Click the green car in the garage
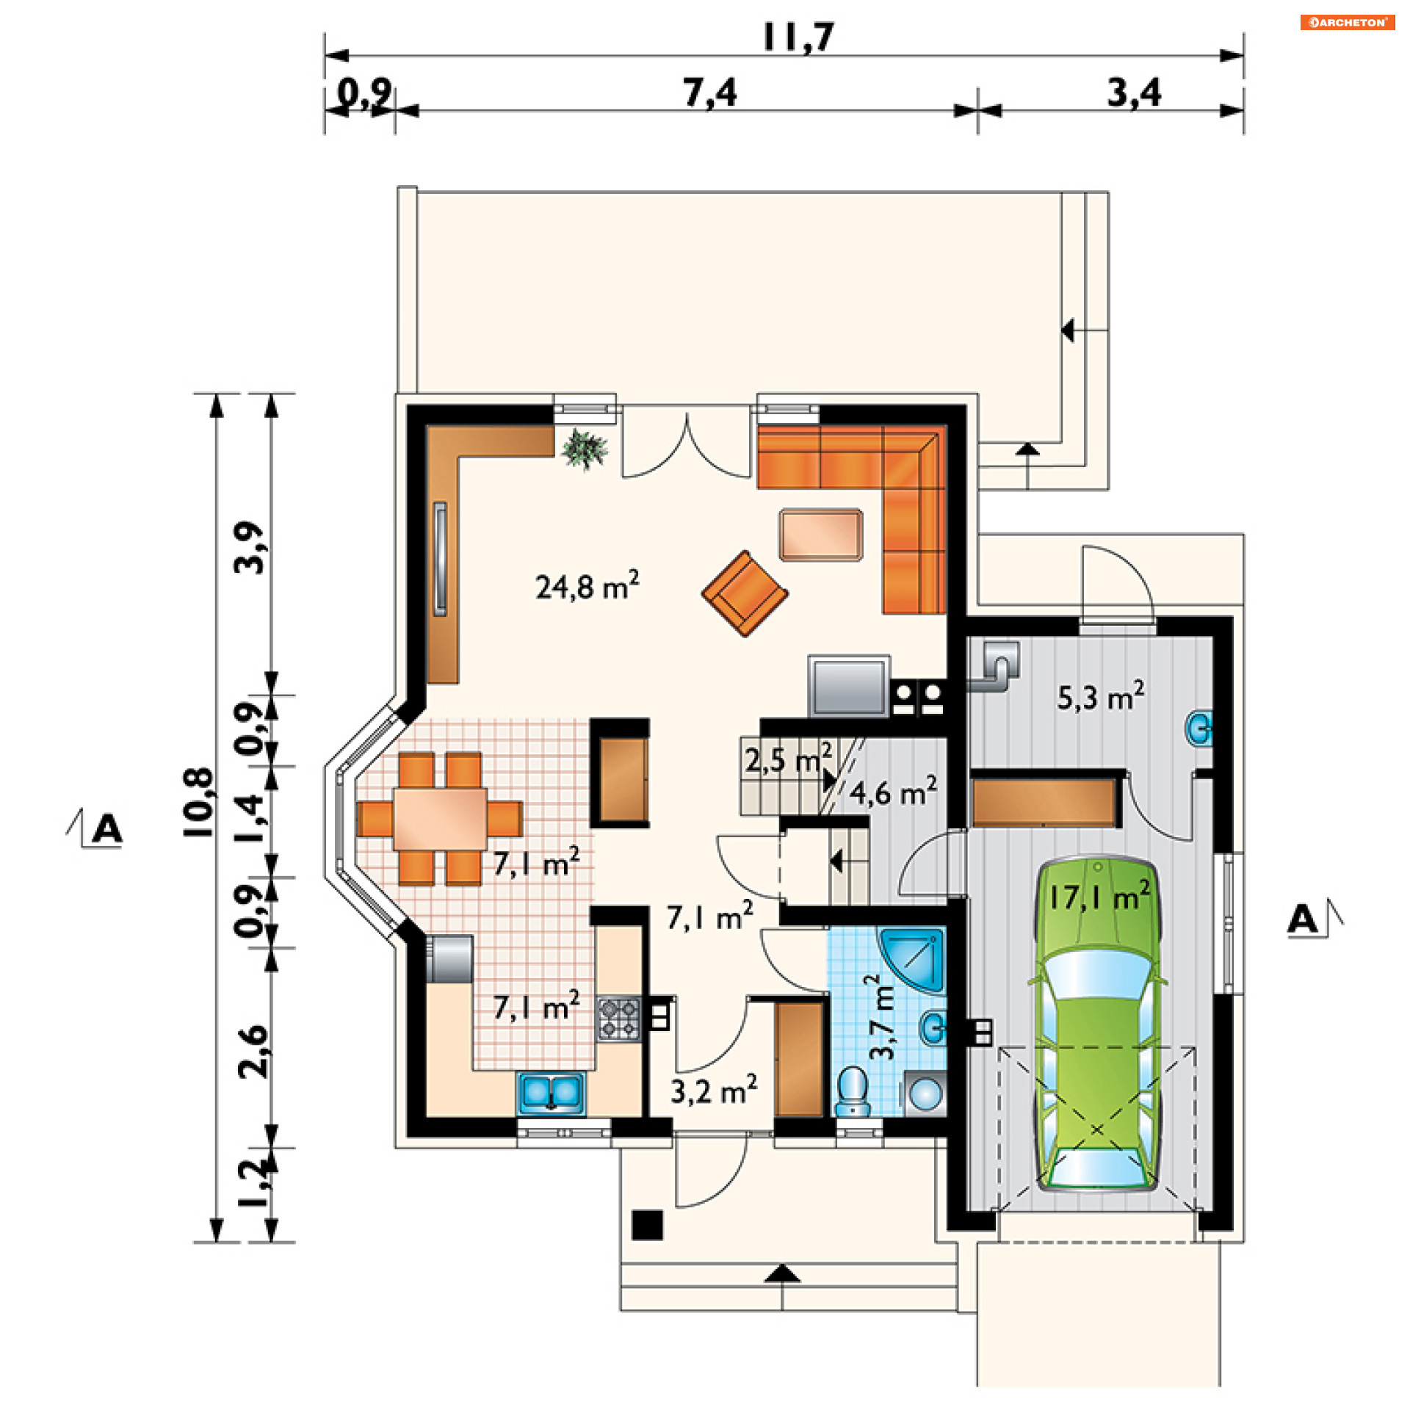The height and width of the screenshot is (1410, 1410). tap(1096, 1024)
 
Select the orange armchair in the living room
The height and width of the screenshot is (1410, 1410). tap(745, 593)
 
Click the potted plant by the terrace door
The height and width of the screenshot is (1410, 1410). tap(585, 449)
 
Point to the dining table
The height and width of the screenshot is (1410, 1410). tap(440, 819)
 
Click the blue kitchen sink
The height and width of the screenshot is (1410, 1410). tap(552, 1093)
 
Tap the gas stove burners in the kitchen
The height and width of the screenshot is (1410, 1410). tap(618, 1019)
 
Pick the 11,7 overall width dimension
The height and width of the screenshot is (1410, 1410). tap(798, 37)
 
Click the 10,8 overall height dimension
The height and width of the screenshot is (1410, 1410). tap(198, 803)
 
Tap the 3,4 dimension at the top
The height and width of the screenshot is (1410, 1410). tap(1135, 93)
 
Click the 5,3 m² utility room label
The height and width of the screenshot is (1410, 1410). tap(1100, 696)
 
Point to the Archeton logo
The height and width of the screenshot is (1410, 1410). tap(1348, 22)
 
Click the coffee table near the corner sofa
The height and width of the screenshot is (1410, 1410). tap(821, 535)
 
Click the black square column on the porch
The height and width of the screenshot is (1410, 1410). tap(648, 1225)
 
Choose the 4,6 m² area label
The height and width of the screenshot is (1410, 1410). tap(893, 792)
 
